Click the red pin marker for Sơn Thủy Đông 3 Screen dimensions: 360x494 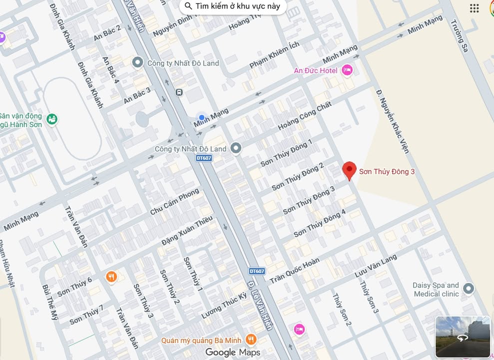pos(350,170)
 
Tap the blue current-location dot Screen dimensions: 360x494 pos(202,117)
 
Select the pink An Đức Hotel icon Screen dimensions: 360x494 pos(347,70)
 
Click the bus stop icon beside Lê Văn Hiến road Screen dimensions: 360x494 pos(179,92)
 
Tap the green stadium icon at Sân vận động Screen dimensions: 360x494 pos(51,119)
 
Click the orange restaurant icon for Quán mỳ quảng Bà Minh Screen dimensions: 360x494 pos(251,340)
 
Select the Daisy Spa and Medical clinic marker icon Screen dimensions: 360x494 pos(468,288)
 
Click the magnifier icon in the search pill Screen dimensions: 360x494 pos(188,6)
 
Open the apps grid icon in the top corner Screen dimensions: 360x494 pos(474,8)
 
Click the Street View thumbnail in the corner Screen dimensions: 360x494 pos(463,337)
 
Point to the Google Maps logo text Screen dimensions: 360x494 pos(233,352)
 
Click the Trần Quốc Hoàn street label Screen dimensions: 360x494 pos(294,271)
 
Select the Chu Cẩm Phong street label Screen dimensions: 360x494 pos(174,202)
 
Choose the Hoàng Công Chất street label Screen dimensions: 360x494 pos(305,115)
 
